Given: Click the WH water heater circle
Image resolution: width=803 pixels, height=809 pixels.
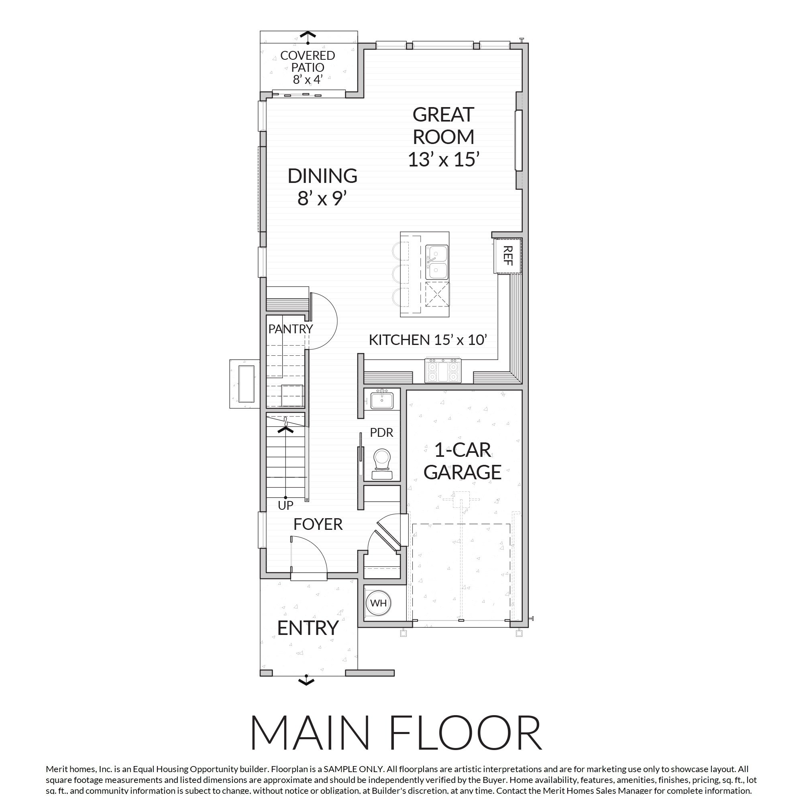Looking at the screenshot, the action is pyautogui.click(x=379, y=603).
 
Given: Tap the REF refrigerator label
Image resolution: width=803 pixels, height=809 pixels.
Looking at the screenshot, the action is pyautogui.click(x=507, y=255).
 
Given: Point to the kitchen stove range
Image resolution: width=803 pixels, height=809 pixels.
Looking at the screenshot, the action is pyautogui.click(x=443, y=370).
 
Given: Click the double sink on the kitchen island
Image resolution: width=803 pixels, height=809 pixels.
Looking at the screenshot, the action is pyautogui.click(x=437, y=262).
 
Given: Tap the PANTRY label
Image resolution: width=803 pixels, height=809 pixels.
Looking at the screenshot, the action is pyautogui.click(x=290, y=329).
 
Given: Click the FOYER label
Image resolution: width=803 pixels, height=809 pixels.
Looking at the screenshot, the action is pyautogui.click(x=318, y=524).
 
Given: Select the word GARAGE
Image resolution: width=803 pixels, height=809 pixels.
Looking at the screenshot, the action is pyautogui.click(x=462, y=472).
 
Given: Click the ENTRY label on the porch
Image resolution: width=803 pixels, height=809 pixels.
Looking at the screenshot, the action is pyautogui.click(x=308, y=628).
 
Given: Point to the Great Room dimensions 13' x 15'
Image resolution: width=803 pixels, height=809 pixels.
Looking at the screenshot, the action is pyautogui.click(x=443, y=160).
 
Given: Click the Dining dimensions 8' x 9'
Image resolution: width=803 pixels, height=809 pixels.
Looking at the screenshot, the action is pyautogui.click(x=322, y=199).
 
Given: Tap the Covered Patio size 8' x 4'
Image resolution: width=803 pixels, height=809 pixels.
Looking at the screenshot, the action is pyautogui.click(x=307, y=79).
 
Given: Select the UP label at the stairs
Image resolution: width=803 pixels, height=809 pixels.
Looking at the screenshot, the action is pyautogui.click(x=285, y=506).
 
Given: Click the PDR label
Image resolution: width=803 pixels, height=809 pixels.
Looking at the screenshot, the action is pyautogui.click(x=381, y=432).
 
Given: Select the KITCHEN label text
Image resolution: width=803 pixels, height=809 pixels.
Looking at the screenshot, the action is pyautogui.click(x=399, y=340).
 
